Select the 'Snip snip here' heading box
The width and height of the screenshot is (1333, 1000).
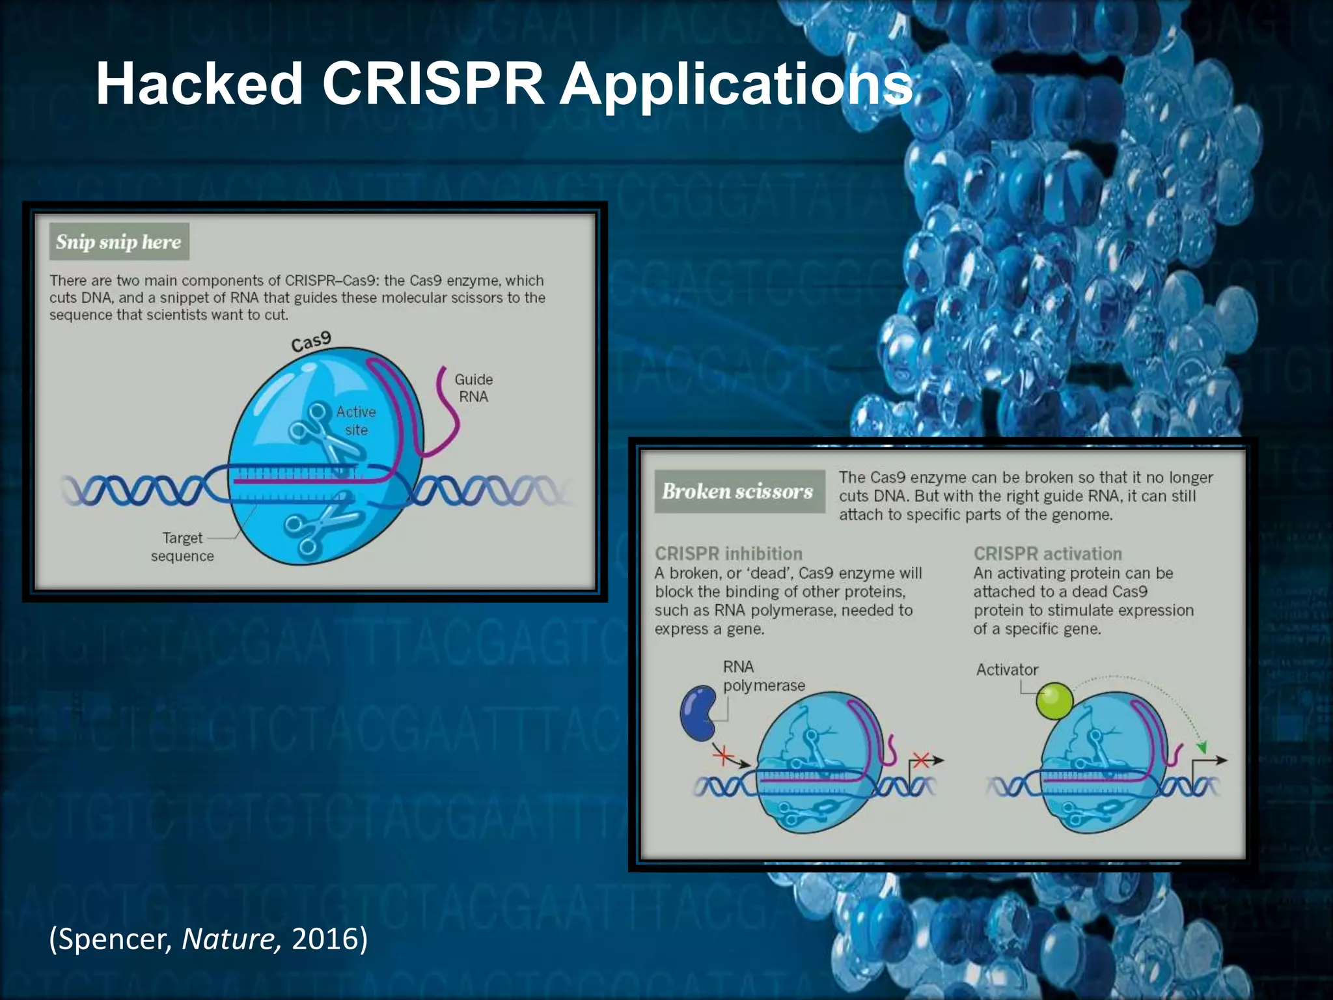(x=119, y=242)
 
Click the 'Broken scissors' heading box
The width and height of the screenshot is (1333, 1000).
(x=739, y=492)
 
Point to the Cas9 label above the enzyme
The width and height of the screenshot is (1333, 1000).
(x=311, y=341)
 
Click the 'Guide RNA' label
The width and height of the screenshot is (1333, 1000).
(x=473, y=388)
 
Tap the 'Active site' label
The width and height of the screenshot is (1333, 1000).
(x=356, y=421)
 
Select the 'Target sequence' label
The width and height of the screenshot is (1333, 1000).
(x=182, y=547)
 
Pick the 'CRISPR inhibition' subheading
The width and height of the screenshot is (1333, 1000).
(x=728, y=554)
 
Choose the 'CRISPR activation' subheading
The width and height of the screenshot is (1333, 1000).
(x=1047, y=554)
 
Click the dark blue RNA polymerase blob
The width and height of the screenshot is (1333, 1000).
(x=698, y=712)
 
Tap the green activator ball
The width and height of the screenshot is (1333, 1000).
(x=1053, y=701)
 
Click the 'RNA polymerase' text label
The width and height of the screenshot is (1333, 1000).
(x=763, y=676)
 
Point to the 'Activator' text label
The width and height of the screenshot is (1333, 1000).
(x=1007, y=670)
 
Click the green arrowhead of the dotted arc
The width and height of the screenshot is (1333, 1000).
(x=1202, y=747)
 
